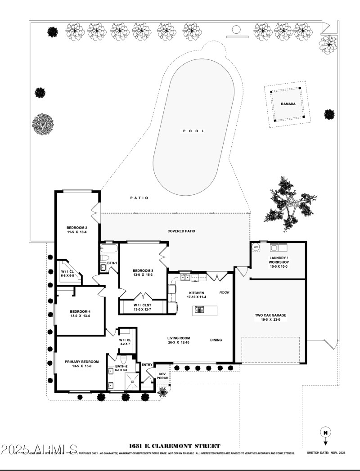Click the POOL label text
(193, 131)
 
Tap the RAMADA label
(288, 104)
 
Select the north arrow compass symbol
(325, 434)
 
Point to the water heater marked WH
(256, 247)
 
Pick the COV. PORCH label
(162, 376)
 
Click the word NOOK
(224, 292)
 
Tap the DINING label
(216, 340)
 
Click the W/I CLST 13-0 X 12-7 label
(143, 307)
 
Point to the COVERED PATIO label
(181, 231)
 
